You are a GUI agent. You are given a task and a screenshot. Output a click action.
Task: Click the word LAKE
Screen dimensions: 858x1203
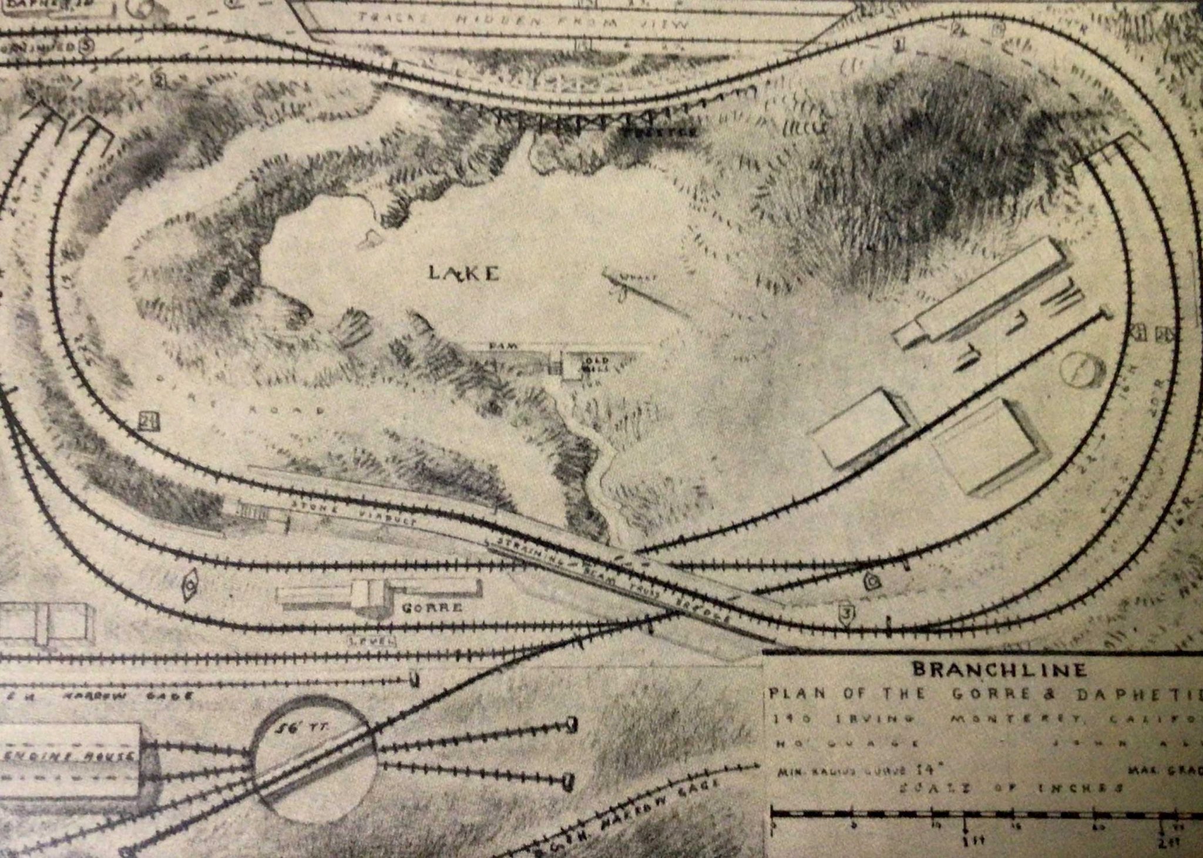click(464, 274)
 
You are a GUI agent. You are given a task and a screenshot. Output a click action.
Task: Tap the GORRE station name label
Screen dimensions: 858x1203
click(431, 608)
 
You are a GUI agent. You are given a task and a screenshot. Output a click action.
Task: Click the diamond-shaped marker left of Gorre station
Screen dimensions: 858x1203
click(190, 585)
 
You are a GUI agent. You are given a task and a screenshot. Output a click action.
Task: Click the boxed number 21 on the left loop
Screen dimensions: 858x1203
click(150, 420)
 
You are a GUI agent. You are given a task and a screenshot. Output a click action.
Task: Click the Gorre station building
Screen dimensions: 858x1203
click(376, 594)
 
